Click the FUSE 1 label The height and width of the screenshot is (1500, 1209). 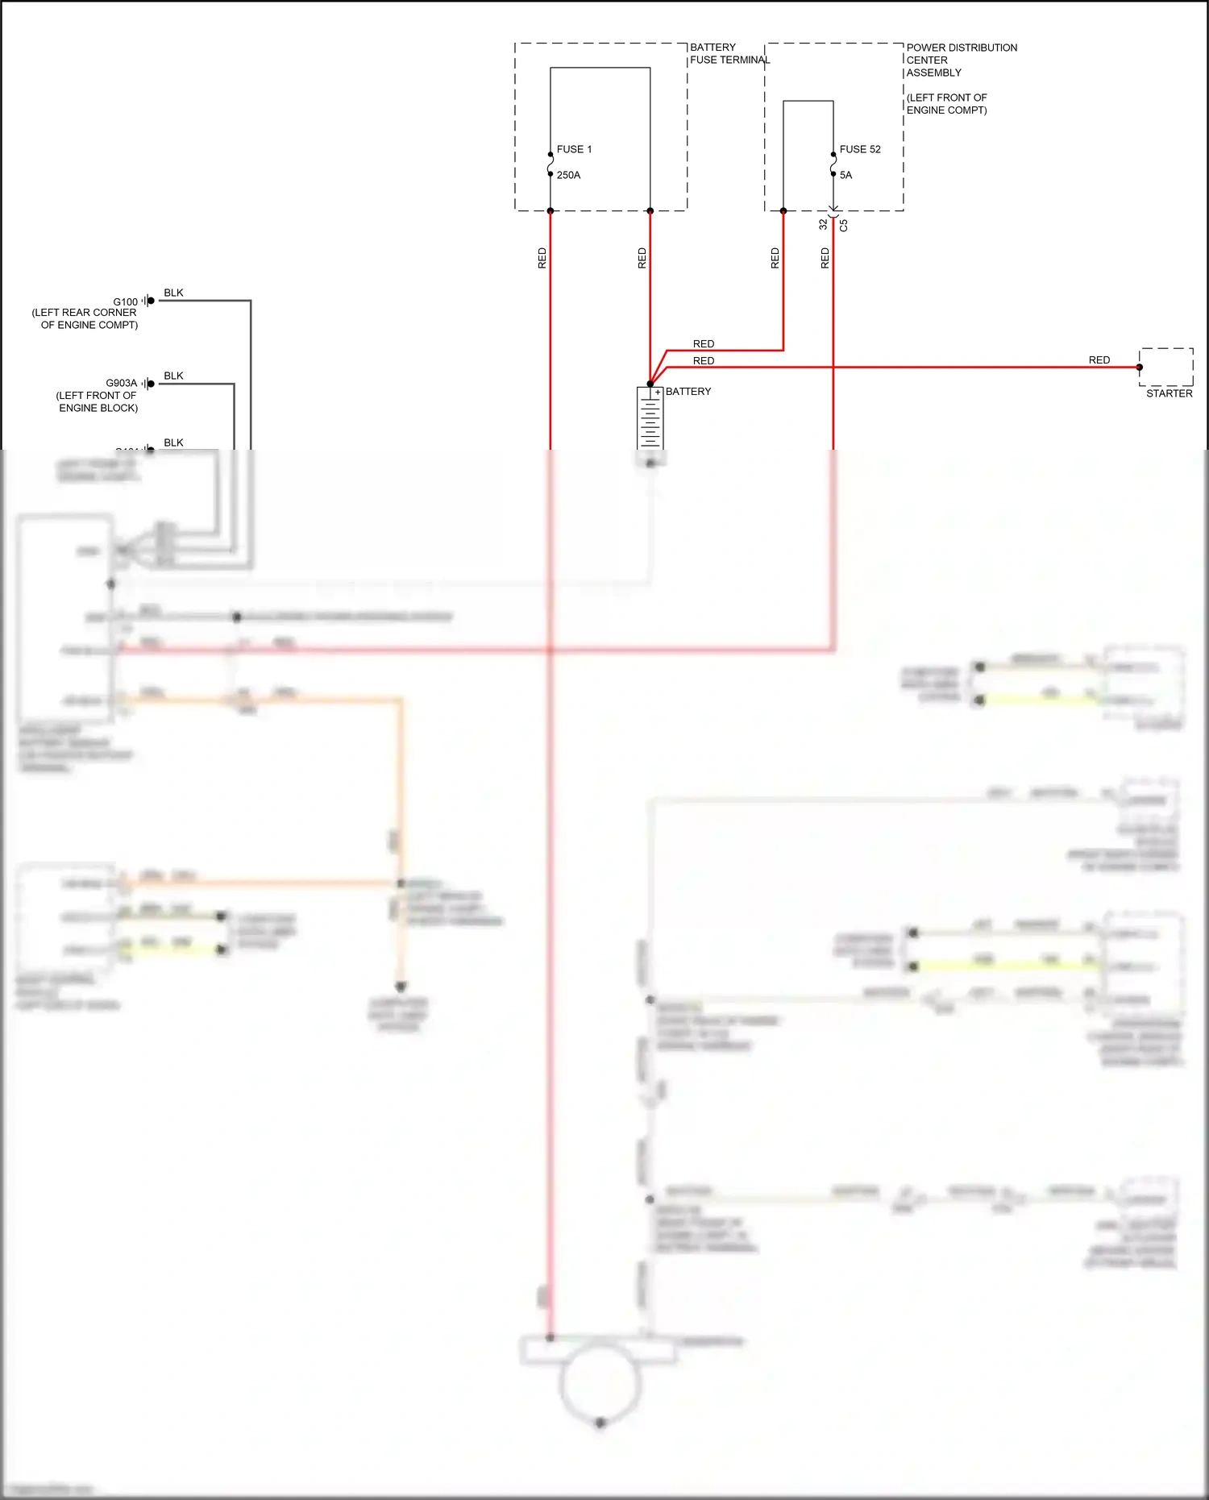pyautogui.click(x=574, y=149)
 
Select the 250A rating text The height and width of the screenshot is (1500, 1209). pyautogui.click(x=568, y=175)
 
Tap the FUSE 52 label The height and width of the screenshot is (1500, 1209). pyautogui.click(x=860, y=149)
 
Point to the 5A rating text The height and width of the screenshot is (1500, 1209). pyautogui.click(x=845, y=175)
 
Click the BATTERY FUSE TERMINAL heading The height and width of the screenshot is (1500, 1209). pyautogui.click(x=729, y=53)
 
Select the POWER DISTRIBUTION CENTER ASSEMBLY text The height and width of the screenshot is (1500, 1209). pyautogui.click(x=961, y=60)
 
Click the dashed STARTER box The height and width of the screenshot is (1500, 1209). pyautogui.click(x=1166, y=367)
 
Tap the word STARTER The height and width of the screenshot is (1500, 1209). pyautogui.click(x=1169, y=393)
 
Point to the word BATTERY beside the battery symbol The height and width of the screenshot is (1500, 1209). pyautogui.click(x=688, y=392)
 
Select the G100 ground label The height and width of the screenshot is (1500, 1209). pyautogui.click(x=125, y=302)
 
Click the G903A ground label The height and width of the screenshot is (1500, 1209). pyautogui.click(x=121, y=383)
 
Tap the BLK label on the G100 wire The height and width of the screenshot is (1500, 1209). pyautogui.click(x=173, y=293)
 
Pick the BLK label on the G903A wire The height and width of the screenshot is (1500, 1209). pyautogui.click(x=173, y=376)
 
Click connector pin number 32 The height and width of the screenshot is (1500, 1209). pyautogui.click(x=823, y=225)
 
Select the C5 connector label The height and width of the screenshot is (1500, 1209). pyautogui.click(x=844, y=226)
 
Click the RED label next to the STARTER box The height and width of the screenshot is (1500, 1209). pyautogui.click(x=1099, y=360)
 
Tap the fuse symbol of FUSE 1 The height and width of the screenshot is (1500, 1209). pyautogui.click(x=550, y=164)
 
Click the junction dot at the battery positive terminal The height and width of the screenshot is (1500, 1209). pyautogui.click(x=650, y=384)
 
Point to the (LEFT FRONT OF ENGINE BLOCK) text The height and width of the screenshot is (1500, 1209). pyautogui.click(x=97, y=401)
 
